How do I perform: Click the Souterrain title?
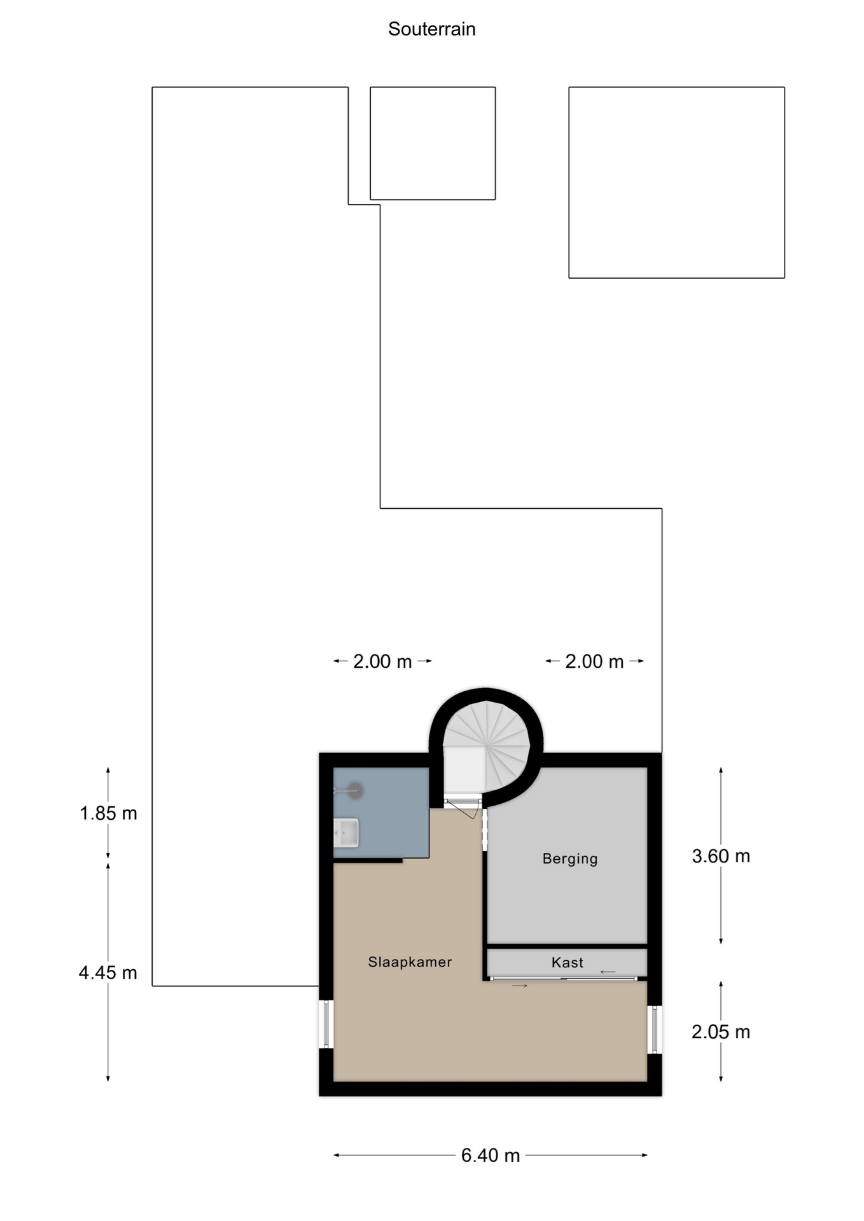pyautogui.click(x=431, y=29)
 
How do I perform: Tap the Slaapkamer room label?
pyautogui.click(x=410, y=962)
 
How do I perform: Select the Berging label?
pyautogui.click(x=570, y=859)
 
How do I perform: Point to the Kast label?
pyautogui.click(x=567, y=963)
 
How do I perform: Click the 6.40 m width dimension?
pyautogui.click(x=491, y=1155)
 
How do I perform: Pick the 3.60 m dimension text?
pyautogui.click(x=721, y=857)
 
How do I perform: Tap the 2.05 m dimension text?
pyautogui.click(x=721, y=1032)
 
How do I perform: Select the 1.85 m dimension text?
pyautogui.click(x=108, y=813)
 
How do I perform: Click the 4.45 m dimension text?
pyautogui.click(x=108, y=973)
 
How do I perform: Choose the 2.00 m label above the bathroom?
pyautogui.click(x=382, y=661)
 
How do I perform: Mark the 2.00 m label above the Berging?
pyautogui.click(x=594, y=661)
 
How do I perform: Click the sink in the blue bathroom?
pyautogui.click(x=346, y=833)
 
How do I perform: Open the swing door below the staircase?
pyautogui.click(x=463, y=808)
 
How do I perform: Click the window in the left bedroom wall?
pyautogui.click(x=326, y=1024)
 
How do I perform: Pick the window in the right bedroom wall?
pyautogui.click(x=655, y=1030)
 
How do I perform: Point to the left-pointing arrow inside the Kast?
pyautogui.click(x=608, y=972)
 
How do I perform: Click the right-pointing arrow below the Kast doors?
pyautogui.click(x=520, y=986)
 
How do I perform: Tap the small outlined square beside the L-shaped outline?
pyautogui.click(x=433, y=144)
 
